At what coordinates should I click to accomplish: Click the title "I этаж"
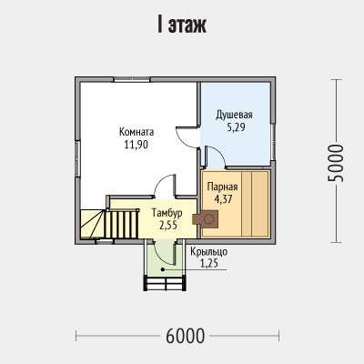[182, 25]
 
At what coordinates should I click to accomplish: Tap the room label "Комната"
[136, 132]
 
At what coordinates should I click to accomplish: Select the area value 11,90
[136, 145]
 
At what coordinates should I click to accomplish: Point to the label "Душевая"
[234, 116]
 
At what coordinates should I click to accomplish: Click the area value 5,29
[236, 127]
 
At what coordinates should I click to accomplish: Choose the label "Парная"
[222, 187]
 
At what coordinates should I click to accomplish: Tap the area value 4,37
[223, 199]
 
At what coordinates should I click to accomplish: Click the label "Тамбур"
[167, 213]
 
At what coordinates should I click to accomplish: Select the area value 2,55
[168, 225]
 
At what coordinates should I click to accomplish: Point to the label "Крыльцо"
[209, 252]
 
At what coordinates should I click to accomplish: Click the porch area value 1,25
[209, 263]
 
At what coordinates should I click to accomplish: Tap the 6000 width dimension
[186, 336]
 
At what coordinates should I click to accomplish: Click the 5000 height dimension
[336, 163]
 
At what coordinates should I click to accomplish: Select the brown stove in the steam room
[206, 218]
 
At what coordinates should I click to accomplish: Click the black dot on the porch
[163, 269]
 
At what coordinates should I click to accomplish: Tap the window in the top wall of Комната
[132, 79]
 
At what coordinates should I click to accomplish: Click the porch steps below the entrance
[165, 284]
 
